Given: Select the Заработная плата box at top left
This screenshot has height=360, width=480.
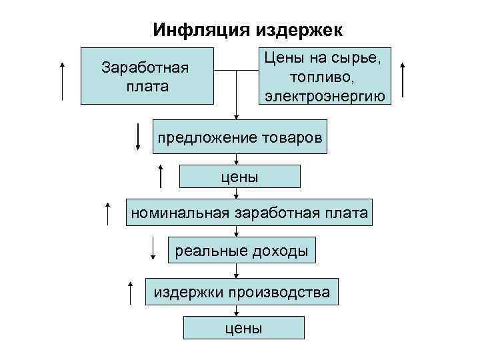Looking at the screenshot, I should click(147, 76).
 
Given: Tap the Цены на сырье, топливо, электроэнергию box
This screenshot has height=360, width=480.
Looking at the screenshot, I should click(325, 75).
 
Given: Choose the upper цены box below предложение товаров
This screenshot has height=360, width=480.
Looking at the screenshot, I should click(240, 176).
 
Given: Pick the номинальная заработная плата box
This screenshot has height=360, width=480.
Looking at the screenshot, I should click(249, 213).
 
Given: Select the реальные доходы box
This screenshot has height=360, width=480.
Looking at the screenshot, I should click(241, 251).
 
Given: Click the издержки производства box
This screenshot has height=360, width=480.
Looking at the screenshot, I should click(242, 291).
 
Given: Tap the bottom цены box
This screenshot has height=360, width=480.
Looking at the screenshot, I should click(243, 328).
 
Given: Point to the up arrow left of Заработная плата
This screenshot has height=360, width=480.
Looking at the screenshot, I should click(63, 81).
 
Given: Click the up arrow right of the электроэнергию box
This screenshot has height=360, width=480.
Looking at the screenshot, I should click(404, 81).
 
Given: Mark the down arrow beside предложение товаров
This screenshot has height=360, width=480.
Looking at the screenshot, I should click(137, 137).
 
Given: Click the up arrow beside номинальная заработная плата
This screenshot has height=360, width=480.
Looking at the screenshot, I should click(107, 213).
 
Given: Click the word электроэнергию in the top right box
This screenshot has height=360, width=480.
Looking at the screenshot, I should click(325, 95).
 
